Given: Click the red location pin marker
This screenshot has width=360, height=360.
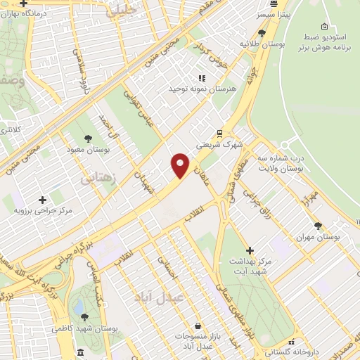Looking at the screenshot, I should tap(181, 165).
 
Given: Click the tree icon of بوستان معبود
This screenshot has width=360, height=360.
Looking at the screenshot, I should tap(88, 139).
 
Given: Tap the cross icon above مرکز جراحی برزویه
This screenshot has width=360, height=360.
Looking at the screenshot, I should tap(43, 199).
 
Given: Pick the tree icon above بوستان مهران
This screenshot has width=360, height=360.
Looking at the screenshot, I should tap(318, 226).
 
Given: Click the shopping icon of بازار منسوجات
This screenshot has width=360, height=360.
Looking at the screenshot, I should tap(198, 327).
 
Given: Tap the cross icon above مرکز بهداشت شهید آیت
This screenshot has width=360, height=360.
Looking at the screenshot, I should tap(249, 250).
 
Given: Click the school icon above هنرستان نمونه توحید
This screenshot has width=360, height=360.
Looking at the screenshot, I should tap(201, 78).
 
